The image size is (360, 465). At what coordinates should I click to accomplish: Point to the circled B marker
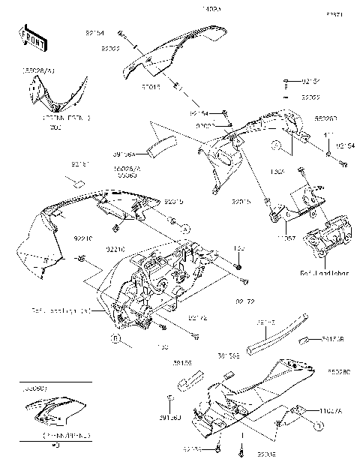pyautogui.click(x=116, y=340)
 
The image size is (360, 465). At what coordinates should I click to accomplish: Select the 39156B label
pyautogui.click(x=332, y=339)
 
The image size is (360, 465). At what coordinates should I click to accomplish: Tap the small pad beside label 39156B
pyautogui.click(x=307, y=340)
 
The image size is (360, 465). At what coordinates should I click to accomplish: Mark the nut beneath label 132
pyautogui.click(x=238, y=266)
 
